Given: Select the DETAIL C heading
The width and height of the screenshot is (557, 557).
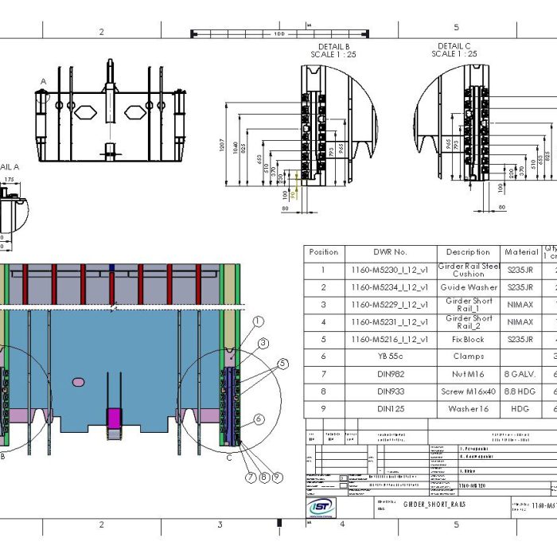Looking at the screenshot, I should tap(454, 46).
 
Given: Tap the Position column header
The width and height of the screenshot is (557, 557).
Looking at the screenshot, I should tap(323, 252).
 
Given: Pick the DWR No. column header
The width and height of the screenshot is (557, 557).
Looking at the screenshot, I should tap(390, 252).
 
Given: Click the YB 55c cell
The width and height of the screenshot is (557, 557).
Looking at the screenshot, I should tap(390, 356).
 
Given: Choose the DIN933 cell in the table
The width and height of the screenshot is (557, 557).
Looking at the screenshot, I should tap(390, 391).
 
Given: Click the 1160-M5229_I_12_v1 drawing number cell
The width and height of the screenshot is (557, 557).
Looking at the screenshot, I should tap(390, 305).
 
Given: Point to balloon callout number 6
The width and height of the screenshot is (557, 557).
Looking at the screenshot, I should tap(259, 419).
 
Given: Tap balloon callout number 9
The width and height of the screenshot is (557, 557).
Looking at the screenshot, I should tap(278, 477).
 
